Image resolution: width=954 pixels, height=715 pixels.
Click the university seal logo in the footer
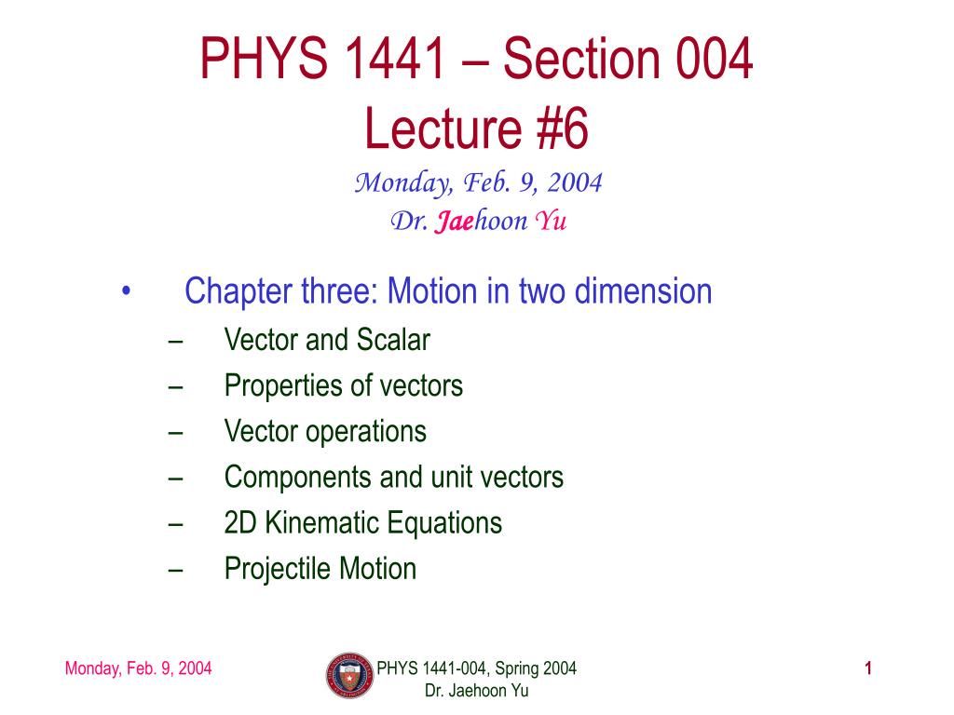click(350, 676)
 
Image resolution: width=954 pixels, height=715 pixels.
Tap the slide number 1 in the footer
click(868, 668)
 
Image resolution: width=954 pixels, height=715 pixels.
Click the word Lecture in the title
click(443, 128)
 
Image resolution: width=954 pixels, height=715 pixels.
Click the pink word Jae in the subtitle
click(454, 220)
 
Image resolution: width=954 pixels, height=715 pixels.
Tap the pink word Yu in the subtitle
click(551, 220)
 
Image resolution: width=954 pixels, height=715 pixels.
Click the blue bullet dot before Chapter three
click(126, 290)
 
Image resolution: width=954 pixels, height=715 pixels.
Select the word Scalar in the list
click(393, 339)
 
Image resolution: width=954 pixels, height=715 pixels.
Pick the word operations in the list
click(365, 432)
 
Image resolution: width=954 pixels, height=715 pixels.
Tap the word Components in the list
click(297, 478)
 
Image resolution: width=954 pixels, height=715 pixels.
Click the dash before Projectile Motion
click(176, 571)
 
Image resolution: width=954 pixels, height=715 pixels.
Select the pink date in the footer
click(138, 668)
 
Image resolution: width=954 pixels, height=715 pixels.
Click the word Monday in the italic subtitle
click(403, 183)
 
